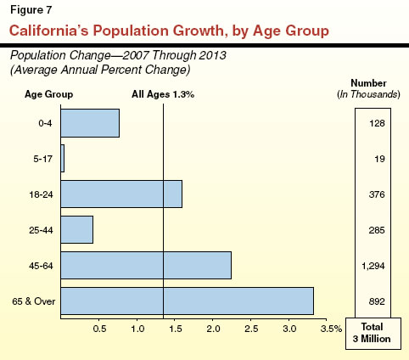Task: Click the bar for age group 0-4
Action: tap(90, 123)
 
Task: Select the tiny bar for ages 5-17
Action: tap(63, 159)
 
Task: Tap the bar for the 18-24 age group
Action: tap(121, 194)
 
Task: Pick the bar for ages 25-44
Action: tap(77, 229)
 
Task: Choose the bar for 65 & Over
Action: tap(187, 301)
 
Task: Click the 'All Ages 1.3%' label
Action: tap(163, 95)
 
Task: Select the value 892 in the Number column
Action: tap(378, 301)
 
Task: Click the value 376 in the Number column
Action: tap(378, 194)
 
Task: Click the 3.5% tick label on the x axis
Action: tap(331, 328)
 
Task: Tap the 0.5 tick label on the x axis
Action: tap(99, 328)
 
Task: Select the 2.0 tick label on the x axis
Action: tap(214, 328)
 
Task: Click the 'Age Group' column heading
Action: tap(48, 95)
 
